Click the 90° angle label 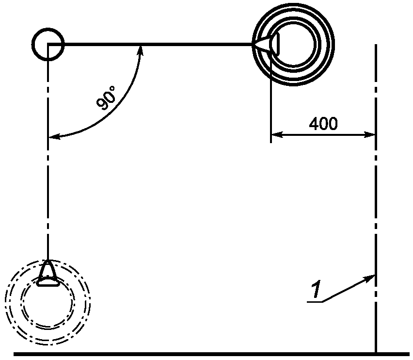coord(106,97)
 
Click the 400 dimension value coord(323,124)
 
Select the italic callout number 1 coord(316,290)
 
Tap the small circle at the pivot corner coord(48,44)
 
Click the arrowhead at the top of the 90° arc coord(141,50)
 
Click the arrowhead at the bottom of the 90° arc coord(54,136)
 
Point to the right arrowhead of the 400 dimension coord(369,135)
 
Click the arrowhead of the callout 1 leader coord(370,278)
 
